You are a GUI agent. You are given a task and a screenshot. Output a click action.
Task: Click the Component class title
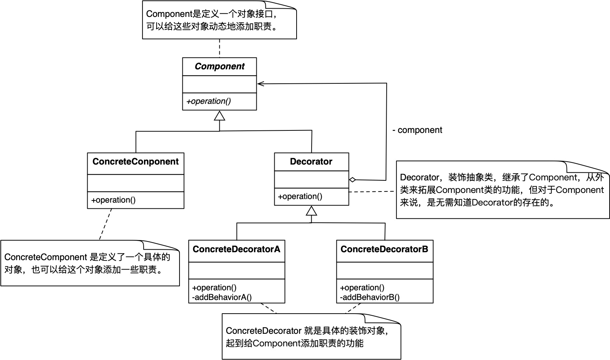pyautogui.click(x=219, y=66)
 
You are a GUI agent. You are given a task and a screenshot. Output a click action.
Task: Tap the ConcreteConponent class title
pyautogui.click(x=135, y=162)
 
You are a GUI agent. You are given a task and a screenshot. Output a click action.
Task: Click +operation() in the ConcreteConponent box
pyautogui.click(x=113, y=200)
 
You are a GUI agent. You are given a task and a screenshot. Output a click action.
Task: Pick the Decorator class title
pyautogui.click(x=311, y=162)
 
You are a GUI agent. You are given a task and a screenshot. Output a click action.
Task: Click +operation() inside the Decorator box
pyautogui.click(x=300, y=197)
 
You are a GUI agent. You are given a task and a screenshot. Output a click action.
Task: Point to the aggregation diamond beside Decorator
pyautogui.click(x=353, y=180)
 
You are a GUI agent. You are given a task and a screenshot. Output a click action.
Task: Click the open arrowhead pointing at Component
pyautogui.click(x=261, y=84)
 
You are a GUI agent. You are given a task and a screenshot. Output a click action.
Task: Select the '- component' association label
pyautogui.click(x=417, y=130)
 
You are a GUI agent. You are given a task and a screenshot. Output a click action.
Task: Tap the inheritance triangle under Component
pyautogui.click(x=219, y=116)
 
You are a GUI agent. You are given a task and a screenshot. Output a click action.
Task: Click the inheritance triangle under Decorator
pyautogui.click(x=311, y=211)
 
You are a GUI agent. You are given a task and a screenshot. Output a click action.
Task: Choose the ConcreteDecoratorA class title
pyautogui.click(x=236, y=249)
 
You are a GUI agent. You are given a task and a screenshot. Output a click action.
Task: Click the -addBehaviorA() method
pyautogui.click(x=222, y=297)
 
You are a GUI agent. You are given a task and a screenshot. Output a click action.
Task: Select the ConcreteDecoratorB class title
pyautogui.click(x=384, y=249)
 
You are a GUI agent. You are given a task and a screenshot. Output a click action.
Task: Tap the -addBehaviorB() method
pyautogui.click(x=370, y=297)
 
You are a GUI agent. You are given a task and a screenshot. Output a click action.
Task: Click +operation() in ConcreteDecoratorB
pyautogui.click(x=362, y=287)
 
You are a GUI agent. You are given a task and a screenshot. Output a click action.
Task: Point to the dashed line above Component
pyautogui.click(x=219, y=48)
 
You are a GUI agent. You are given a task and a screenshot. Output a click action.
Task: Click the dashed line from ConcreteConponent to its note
pyautogui.click(x=106, y=224)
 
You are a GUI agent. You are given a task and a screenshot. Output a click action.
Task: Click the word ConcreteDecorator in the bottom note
pyautogui.click(x=264, y=331)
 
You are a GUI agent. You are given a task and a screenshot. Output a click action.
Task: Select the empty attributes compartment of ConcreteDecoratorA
pyautogui.click(x=237, y=271)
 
